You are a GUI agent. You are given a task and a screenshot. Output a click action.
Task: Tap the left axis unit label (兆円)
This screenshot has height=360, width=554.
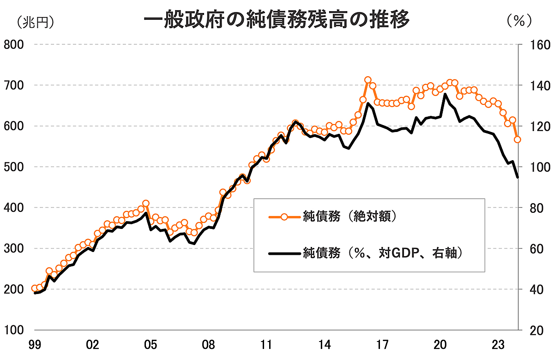[35, 21]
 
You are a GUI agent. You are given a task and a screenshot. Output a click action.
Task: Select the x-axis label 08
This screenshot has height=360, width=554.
[209, 345]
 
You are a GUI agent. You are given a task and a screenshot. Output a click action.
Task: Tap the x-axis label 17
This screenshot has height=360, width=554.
[382, 345]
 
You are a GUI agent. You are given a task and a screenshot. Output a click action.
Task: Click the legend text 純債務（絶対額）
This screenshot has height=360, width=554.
[349, 216]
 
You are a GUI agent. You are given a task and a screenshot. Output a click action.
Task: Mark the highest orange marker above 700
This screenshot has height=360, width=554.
[368, 80]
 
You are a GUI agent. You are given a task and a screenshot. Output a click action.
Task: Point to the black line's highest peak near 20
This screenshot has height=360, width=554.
[445, 94]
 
